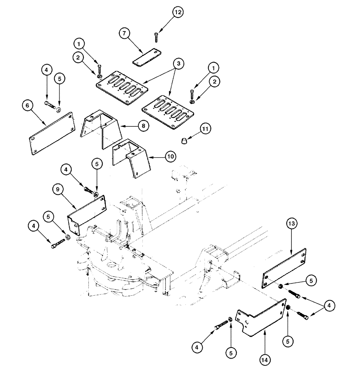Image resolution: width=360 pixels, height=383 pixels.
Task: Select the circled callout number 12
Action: pos(178,12)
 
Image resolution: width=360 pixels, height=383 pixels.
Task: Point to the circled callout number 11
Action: pos(205,129)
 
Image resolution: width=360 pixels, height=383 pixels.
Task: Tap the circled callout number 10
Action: pos(169,156)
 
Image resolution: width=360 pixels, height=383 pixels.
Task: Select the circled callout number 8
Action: pos(142,126)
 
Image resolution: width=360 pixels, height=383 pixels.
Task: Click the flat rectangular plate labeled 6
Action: pos(51,133)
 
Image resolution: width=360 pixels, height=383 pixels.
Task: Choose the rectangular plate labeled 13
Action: pos(284,268)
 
